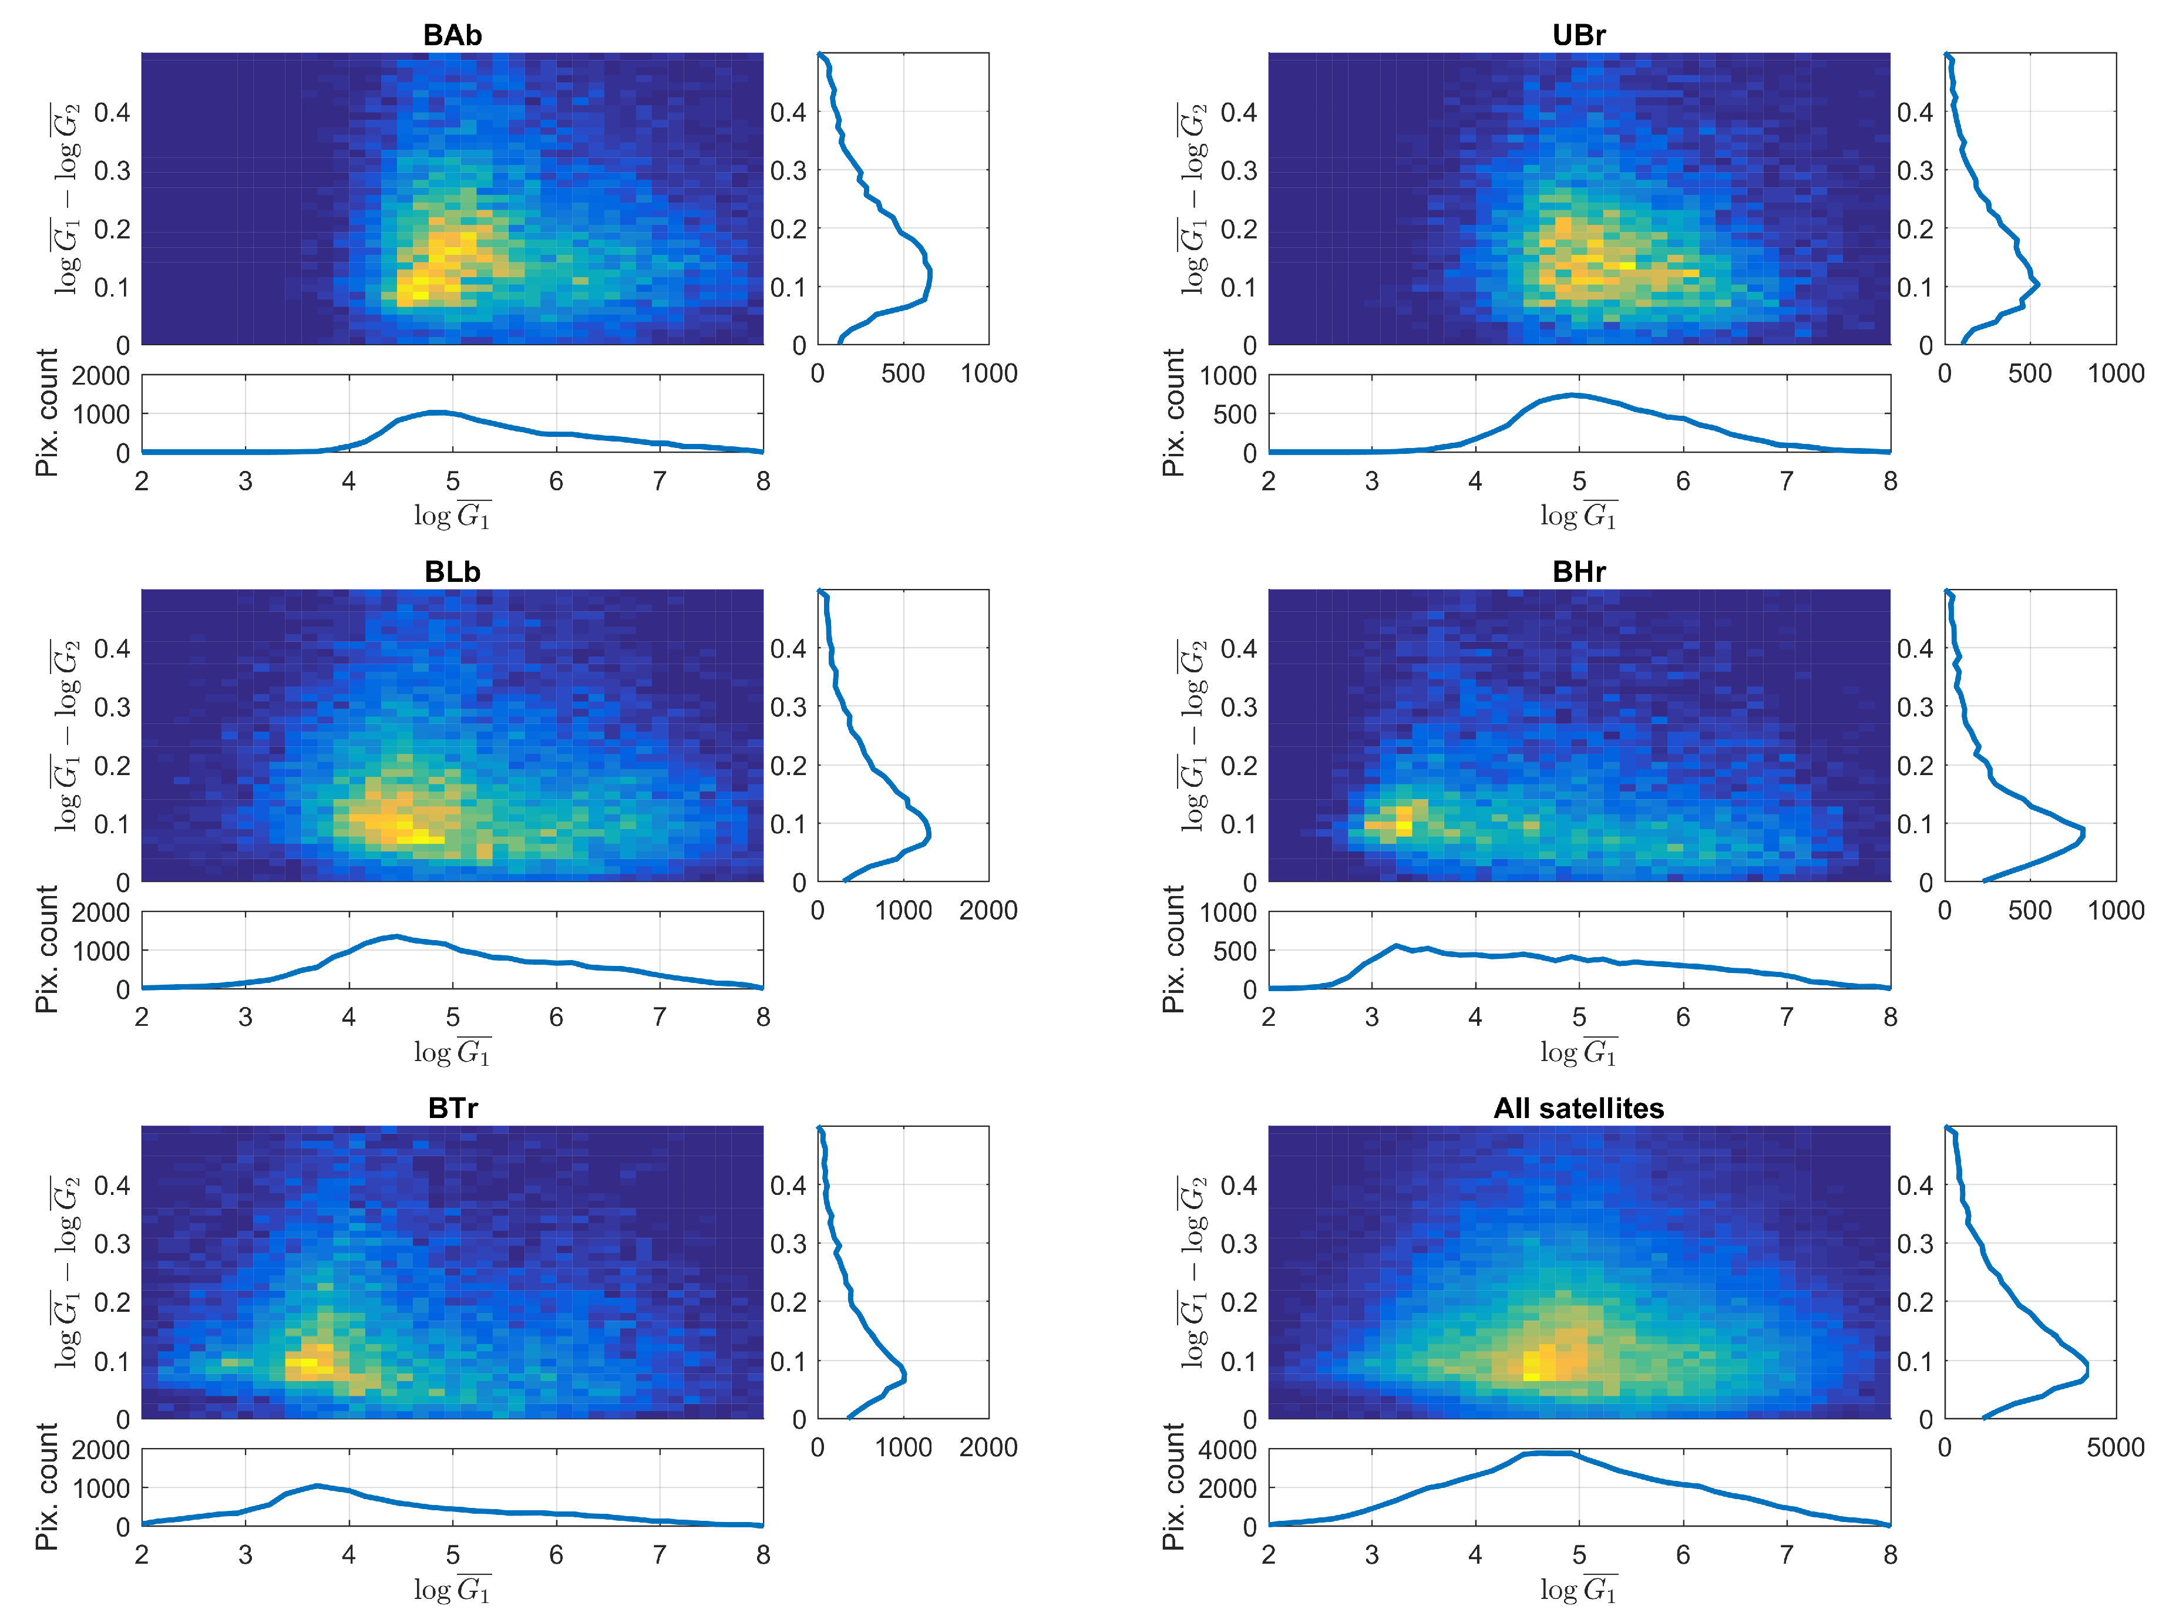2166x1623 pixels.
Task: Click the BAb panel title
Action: tap(452, 35)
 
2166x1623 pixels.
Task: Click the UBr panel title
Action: tap(1579, 35)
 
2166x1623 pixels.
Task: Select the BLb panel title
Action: tap(452, 572)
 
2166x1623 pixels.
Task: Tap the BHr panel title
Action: tap(1579, 572)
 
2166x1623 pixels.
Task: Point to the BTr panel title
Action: tap(452, 1108)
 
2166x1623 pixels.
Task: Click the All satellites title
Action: tap(1579, 1108)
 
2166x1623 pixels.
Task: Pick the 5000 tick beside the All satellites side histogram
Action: tap(2115, 1447)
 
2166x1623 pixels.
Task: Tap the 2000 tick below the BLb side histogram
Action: tap(988, 910)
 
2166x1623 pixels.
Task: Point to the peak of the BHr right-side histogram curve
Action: tap(2083, 833)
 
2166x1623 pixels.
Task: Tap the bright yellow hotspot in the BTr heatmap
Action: tap(302, 1362)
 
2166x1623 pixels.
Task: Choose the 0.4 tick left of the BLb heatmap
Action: tap(112, 648)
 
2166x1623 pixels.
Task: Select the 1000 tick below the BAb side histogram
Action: tap(988, 373)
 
